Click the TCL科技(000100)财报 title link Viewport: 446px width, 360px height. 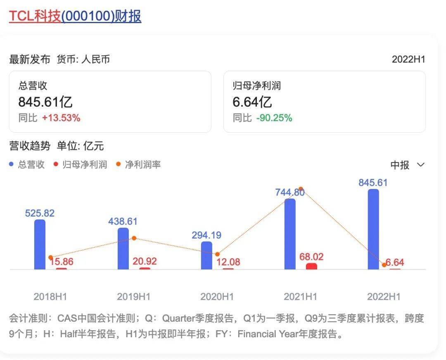(x=75, y=16)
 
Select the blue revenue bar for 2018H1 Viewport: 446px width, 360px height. (x=40, y=244)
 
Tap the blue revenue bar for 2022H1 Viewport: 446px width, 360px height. (x=373, y=229)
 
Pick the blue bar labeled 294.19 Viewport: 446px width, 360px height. (x=206, y=255)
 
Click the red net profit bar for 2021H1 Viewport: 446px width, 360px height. (x=311, y=267)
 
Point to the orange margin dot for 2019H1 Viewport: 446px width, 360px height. (x=134, y=238)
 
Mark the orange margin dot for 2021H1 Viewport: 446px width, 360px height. (x=301, y=188)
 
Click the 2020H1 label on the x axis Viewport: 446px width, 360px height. (x=217, y=296)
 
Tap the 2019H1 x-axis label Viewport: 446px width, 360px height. (x=133, y=296)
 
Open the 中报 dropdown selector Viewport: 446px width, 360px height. (x=407, y=165)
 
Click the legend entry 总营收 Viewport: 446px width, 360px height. (x=27, y=165)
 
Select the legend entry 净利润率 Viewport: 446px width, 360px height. (x=139, y=165)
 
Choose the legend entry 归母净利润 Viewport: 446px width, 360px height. (x=81, y=165)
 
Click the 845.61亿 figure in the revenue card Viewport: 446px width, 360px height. (x=45, y=102)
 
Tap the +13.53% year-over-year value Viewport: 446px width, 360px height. (x=61, y=118)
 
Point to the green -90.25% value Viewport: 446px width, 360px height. (x=274, y=118)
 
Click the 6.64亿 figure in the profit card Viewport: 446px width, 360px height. (x=252, y=102)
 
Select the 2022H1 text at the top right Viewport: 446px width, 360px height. (x=408, y=59)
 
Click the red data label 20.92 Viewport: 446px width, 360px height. (x=145, y=262)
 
